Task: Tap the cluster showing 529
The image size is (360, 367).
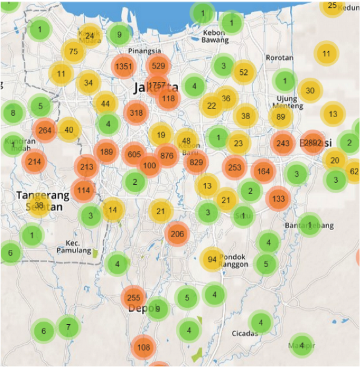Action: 158,66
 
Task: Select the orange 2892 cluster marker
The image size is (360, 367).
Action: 313,143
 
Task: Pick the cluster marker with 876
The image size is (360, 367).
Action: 167,156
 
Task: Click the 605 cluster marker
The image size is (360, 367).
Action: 134,155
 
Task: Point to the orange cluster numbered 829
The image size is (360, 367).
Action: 196,162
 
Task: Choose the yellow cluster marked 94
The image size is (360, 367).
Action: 212,260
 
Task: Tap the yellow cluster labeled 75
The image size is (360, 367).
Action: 73,51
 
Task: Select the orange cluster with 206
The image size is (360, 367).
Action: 177,234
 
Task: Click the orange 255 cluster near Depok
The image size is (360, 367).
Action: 133,298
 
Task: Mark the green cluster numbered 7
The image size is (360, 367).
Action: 68,327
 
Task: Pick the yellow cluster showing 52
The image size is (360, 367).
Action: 243,72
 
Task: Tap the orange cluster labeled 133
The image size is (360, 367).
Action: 278,198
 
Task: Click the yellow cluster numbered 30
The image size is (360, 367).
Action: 310,91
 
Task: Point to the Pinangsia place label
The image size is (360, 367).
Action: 144,51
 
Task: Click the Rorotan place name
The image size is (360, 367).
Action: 279,58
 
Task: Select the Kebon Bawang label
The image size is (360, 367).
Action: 215,36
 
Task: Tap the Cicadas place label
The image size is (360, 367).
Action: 245,333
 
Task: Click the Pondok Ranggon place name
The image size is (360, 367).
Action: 234,260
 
